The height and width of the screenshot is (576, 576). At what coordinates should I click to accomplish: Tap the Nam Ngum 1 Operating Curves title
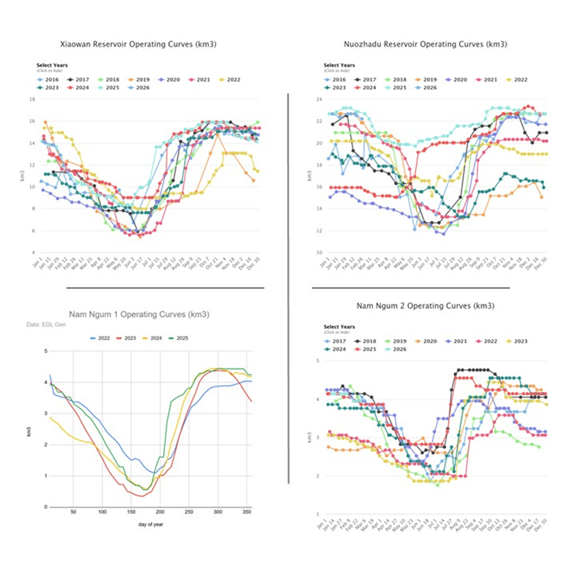pos(140,315)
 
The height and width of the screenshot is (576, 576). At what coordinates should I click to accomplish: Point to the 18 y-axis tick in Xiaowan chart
pos(32,99)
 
